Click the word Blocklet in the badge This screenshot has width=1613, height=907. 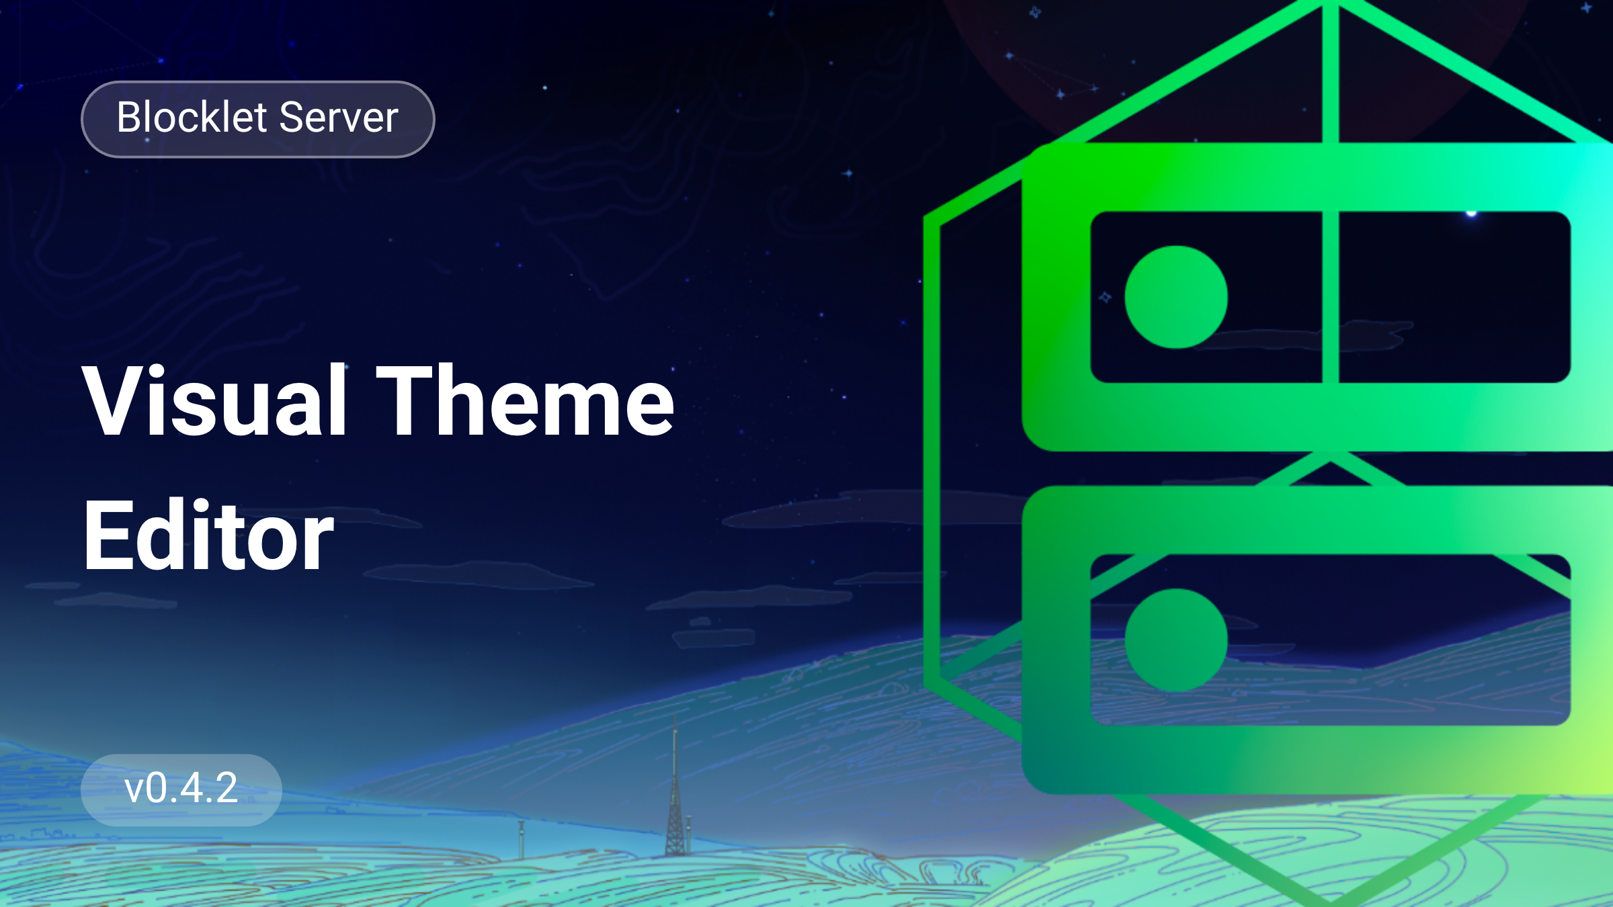point(192,117)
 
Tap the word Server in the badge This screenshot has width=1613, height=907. point(339,117)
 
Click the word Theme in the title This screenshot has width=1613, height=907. point(525,400)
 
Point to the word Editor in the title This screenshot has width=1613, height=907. point(208,535)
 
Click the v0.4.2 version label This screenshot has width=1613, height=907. point(181,788)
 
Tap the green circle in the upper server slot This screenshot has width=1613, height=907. point(1176,297)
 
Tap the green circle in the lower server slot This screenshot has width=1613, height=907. point(1176,640)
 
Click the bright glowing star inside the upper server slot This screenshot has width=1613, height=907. point(1471,214)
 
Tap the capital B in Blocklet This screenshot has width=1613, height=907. point(130,117)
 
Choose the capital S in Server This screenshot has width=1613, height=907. point(292,117)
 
